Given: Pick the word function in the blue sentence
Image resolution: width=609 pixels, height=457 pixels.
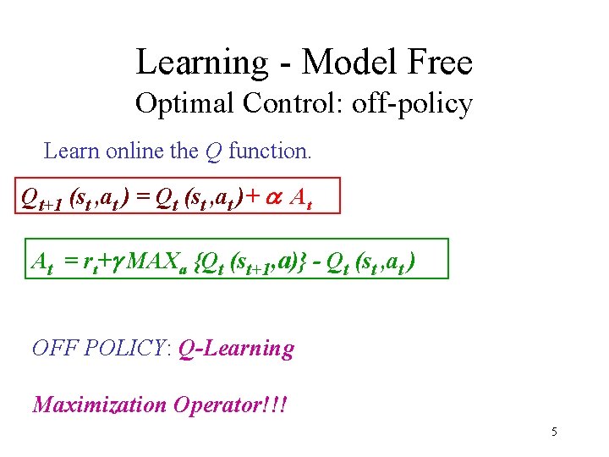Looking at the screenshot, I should [269, 151].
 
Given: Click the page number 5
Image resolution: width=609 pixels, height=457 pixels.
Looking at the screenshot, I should [554, 432].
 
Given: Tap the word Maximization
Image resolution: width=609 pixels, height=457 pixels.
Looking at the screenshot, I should [99, 405].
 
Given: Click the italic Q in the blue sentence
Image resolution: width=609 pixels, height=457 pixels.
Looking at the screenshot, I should [213, 151].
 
